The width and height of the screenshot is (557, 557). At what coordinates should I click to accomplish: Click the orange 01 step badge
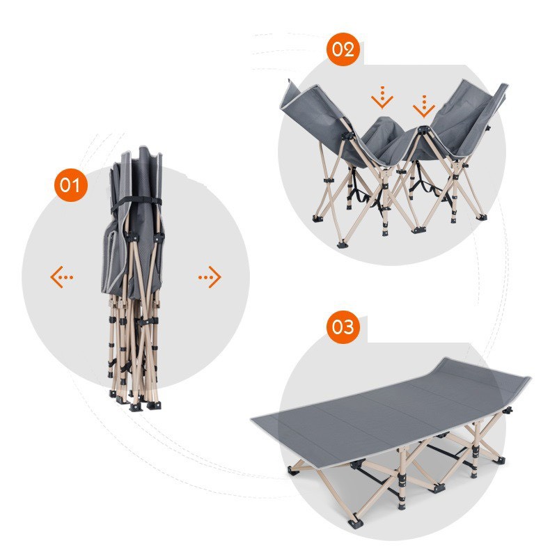pos(71,185)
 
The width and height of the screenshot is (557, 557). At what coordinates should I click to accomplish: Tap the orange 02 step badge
pos(343,49)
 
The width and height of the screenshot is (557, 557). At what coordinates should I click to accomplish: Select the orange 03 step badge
pos(343,327)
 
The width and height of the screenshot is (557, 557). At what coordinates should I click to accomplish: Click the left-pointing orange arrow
pos(61,276)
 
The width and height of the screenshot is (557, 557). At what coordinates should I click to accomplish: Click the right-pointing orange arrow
pos(210,276)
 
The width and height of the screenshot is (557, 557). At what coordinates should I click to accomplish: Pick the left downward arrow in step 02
pos(382,97)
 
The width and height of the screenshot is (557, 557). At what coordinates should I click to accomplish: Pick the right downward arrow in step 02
pos(424,107)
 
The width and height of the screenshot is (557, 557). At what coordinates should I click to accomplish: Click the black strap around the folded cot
pos(136,203)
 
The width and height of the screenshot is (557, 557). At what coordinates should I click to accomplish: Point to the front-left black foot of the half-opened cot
pos(341,244)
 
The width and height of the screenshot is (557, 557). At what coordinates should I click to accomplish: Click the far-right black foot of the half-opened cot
pos(482,217)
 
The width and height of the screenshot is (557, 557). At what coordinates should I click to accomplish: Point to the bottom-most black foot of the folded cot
pos(135,407)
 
